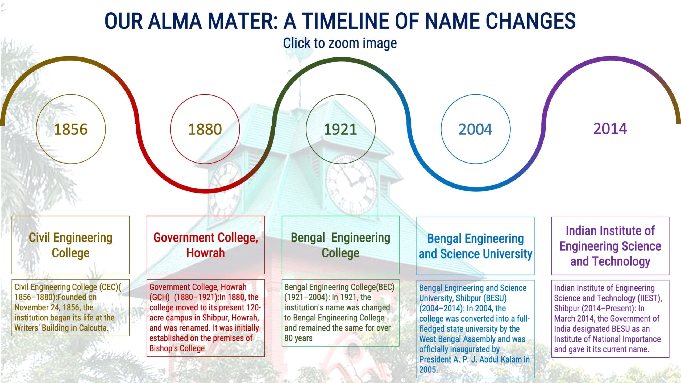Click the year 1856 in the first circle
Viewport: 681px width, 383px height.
click(70, 129)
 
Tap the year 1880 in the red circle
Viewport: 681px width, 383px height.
click(205, 129)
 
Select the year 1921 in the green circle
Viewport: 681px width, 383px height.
click(340, 129)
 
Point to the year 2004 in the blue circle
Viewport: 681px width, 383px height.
click(475, 129)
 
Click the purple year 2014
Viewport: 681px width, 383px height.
click(610, 128)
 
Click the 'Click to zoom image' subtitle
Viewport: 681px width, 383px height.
click(340, 43)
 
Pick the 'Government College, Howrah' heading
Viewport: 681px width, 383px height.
click(206, 245)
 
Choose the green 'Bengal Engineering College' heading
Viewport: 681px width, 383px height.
click(340, 245)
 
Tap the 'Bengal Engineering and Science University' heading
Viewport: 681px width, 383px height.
click(475, 246)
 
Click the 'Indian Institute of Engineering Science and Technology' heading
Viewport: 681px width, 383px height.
click(610, 246)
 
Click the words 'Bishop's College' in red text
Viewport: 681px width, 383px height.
click(177, 348)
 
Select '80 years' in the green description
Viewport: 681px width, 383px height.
click(298, 338)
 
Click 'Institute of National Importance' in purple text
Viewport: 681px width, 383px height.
click(607, 339)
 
